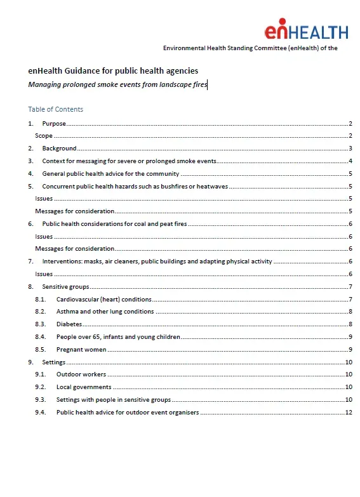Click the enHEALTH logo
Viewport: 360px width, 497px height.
pyautogui.click(x=306, y=31)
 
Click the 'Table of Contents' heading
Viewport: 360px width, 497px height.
pyautogui.click(x=55, y=109)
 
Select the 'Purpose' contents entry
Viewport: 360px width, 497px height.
pyautogui.click(x=54, y=123)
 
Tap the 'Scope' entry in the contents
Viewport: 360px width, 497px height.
pyautogui.click(x=44, y=136)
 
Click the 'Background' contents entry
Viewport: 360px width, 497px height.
pyautogui.click(x=59, y=149)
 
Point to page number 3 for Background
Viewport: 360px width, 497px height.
pyautogui.click(x=350, y=149)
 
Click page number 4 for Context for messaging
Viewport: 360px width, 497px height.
pyautogui.click(x=350, y=161)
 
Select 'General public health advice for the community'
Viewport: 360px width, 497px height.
pyautogui.click(x=110, y=173)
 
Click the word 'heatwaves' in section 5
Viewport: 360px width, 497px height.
pyautogui.click(x=213, y=186)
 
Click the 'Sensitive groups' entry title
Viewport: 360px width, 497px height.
pyautogui.click(x=65, y=286)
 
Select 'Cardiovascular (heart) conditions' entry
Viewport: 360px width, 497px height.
pyautogui.click(x=103, y=299)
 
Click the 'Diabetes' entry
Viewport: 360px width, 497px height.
pyautogui.click(x=69, y=324)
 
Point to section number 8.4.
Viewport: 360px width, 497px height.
pyautogui.click(x=41, y=336)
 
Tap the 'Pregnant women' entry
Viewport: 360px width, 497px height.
pyautogui.click(x=81, y=349)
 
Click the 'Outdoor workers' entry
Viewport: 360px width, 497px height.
pyautogui.click(x=81, y=374)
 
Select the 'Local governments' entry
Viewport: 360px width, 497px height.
pyautogui.click(x=84, y=387)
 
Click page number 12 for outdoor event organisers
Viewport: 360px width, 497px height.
pyautogui.click(x=348, y=412)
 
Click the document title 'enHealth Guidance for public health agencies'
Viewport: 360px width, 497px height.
pyautogui.click(x=113, y=70)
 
